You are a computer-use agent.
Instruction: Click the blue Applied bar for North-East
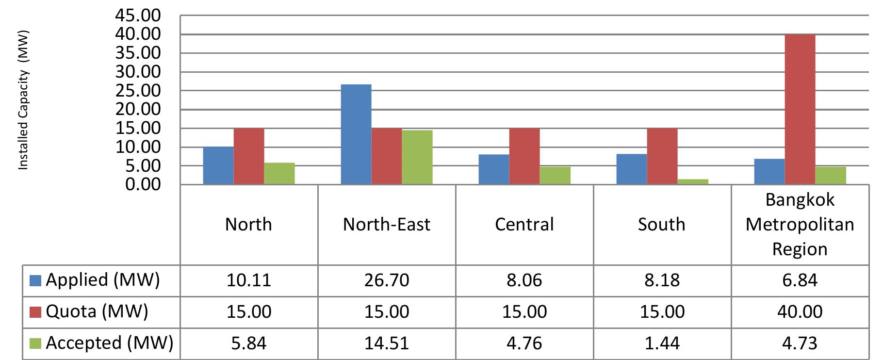click(356, 134)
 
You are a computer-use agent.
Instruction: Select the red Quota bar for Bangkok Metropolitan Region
click(800, 110)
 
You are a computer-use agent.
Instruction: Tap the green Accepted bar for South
click(692, 182)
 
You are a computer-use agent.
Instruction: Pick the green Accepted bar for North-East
click(417, 157)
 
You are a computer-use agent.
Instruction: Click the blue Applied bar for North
click(218, 165)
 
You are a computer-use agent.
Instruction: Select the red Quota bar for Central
click(524, 156)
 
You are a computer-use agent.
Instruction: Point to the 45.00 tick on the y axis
click(137, 16)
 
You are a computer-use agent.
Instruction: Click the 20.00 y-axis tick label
click(137, 109)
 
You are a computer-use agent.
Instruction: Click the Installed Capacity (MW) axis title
click(23, 100)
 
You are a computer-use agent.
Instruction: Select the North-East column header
click(387, 225)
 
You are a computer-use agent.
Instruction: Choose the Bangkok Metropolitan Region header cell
click(800, 225)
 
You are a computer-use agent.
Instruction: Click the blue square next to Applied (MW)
click(35, 280)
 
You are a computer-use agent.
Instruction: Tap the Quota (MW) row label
click(97, 311)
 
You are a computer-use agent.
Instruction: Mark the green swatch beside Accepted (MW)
click(35, 344)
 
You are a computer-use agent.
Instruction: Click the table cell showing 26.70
click(387, 280)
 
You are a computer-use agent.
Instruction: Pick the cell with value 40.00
click(800, 311)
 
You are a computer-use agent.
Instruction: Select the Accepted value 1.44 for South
click(662, 344)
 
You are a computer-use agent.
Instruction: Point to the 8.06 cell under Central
click(524, 280)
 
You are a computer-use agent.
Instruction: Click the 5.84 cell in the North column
click(249, 344)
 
